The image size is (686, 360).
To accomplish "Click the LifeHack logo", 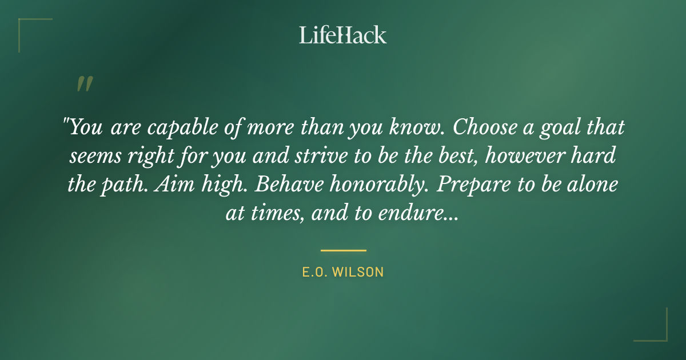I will [x=342, y=35].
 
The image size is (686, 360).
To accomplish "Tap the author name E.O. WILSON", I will [x=343, y=273].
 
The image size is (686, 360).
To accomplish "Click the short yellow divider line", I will [x=343, y=250].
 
